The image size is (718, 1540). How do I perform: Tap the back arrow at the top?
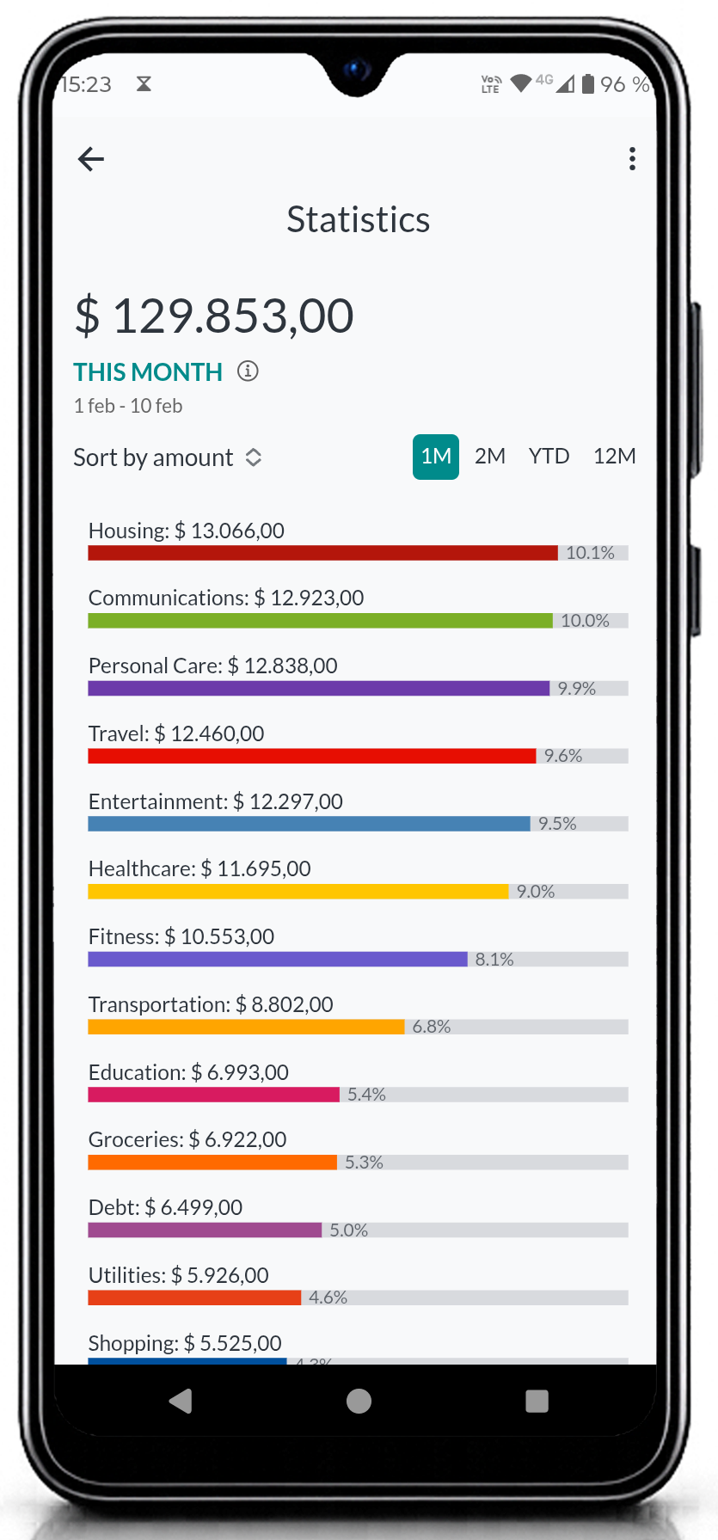[x=91, y=159]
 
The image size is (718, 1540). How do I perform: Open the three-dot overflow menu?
[x=632, y=159]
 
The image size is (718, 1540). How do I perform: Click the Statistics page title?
[x=358, y=220]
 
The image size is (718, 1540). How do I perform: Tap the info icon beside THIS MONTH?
[x=248, y=371]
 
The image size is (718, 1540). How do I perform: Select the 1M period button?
[x=436, y=457]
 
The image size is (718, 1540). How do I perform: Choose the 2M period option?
[x=490, y=457]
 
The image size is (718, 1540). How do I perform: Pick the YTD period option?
[x=549, y=457]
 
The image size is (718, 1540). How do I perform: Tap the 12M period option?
[x=614, y=457]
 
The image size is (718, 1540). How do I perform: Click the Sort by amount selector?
[x=168, y=457]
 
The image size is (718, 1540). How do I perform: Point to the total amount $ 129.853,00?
[x=214, y=316]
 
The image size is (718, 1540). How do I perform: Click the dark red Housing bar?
[x=322, y=553]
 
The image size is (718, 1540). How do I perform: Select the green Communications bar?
[x=320, y=621]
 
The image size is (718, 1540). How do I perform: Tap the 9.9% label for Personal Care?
[x=576, y=689]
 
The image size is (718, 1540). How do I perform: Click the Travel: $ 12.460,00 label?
[x=176, y=733]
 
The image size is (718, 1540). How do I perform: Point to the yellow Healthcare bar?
[x=298, y=892]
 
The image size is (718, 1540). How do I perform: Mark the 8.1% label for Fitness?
[x=494, y=960]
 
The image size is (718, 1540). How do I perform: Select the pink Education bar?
[x=213, y=1095]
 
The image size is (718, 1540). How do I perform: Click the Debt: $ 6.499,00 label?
[x=165, y=1207]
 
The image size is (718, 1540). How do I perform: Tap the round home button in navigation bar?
[x=359, y=1402]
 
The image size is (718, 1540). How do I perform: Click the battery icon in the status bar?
[x=588, y=83]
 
